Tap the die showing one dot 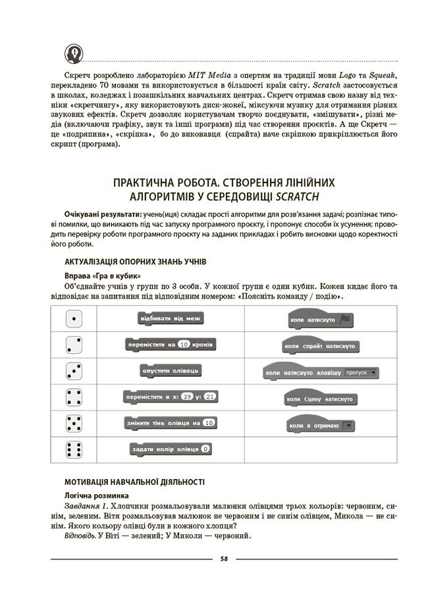click(74, 319)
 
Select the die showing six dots click(74, 449)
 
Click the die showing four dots click(74, 397)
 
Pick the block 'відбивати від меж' click(169, 319)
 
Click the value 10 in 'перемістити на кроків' click(184, 345)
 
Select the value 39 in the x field click(188, 397)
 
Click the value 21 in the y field click(210, 397)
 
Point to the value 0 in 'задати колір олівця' click(206, 449)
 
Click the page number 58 click(224, 559)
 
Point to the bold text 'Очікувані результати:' click(101, 215)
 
